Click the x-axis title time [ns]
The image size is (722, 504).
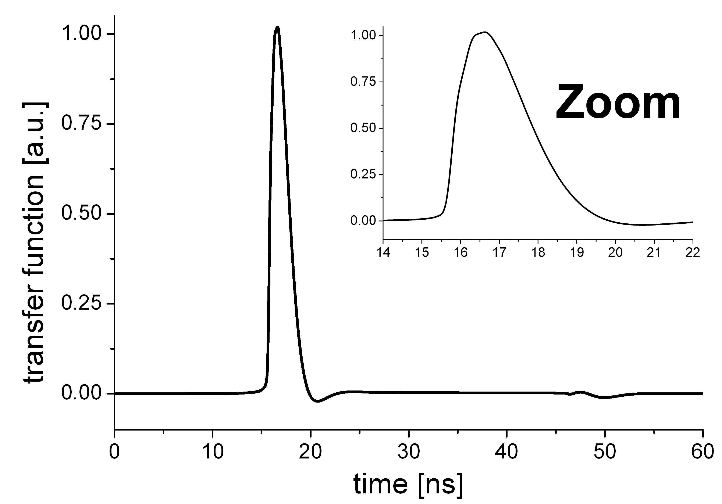click(x=409, y=485)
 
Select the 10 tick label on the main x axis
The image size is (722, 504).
click(x=213, y=453)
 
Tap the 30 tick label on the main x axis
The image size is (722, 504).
click(x=409, y=453)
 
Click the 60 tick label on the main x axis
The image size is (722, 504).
click(x=703, y=453)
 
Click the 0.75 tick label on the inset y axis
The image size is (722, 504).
click(x=363, y=82)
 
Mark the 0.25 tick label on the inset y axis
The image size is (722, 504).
click(x=363, y=175)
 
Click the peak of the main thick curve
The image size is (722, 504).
click(x=277, y=27)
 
